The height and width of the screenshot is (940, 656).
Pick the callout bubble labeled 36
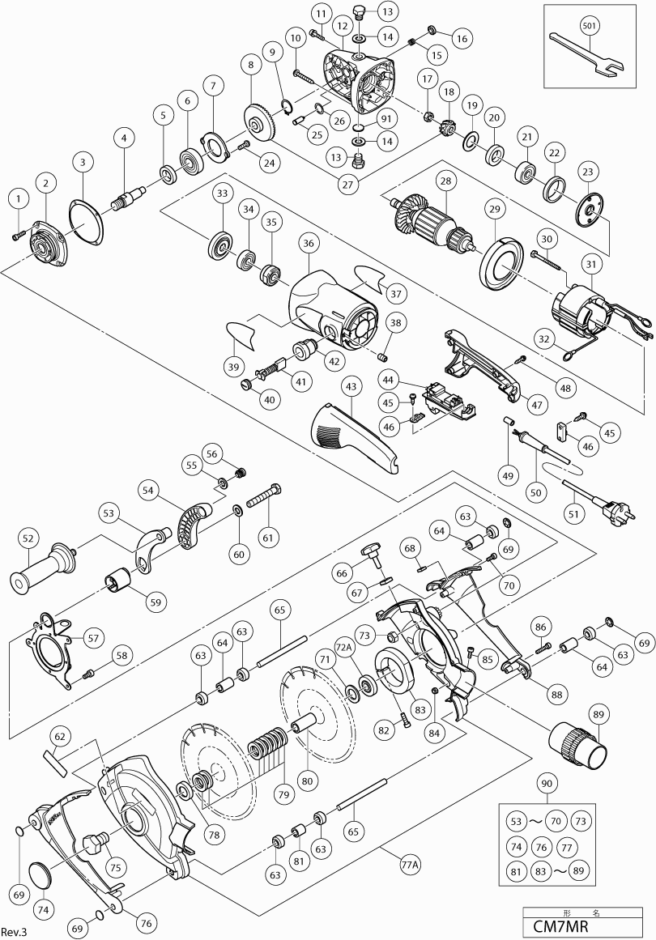307,242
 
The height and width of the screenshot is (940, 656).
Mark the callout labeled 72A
343,649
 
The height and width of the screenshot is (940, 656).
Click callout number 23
587,172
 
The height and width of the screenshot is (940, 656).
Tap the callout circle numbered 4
124,138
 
